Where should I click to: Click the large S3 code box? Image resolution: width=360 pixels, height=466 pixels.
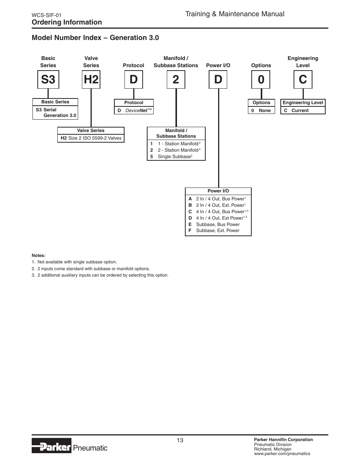point(48,80)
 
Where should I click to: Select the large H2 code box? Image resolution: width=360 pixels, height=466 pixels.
point(91,80)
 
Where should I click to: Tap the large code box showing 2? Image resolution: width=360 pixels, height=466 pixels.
point(176,80)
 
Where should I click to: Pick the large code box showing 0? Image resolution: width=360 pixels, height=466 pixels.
point(261,80)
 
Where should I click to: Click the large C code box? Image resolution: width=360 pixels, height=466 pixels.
point(303,80)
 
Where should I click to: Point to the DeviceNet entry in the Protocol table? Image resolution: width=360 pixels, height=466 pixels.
point(134,111)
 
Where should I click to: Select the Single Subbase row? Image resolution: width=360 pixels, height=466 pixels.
point(175,157)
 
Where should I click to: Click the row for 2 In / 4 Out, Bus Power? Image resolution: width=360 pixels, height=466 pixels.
point(218,199)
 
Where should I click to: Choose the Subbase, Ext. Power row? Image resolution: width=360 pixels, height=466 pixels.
point(218,231)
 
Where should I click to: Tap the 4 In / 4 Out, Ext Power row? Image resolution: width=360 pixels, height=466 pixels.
point(218,218)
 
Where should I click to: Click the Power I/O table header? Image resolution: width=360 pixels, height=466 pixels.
point(218,191)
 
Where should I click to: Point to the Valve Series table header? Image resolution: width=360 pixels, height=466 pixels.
point(91,131)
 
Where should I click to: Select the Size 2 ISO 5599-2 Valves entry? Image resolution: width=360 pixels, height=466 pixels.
point(91,138)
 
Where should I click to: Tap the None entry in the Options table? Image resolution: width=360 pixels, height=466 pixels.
point(264,111)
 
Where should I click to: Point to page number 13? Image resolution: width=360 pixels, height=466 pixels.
point(180,440)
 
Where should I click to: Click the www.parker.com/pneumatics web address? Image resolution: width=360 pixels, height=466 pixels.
point(282,454)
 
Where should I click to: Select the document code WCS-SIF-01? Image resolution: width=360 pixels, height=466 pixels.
point(46,15)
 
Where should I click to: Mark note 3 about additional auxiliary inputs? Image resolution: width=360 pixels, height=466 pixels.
point(100,275)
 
